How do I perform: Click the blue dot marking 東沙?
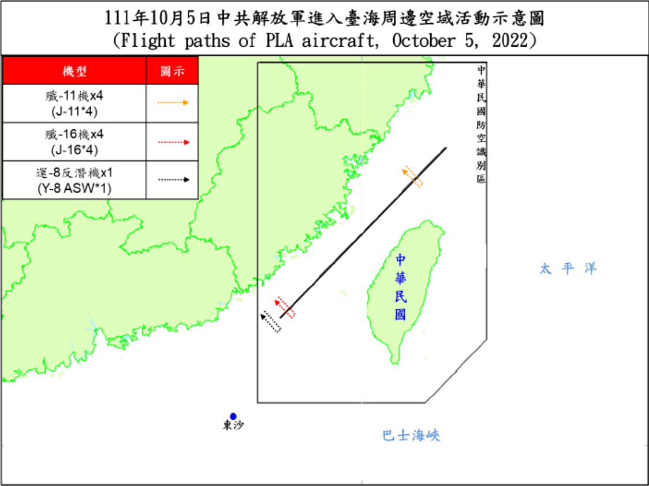233,416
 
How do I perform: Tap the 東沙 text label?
233,426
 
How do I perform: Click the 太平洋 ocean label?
568,268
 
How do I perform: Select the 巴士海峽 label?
411,435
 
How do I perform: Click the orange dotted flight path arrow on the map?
413,176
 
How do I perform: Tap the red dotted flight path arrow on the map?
285,307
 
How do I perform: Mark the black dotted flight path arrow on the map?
271,321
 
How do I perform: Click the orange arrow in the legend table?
173,103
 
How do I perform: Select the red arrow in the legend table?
173,142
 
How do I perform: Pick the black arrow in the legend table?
173,180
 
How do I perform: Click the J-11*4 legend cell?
74,103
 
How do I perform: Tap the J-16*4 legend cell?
74,142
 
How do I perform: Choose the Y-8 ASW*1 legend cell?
74,180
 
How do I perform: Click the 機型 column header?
74,71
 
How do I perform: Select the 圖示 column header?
172,71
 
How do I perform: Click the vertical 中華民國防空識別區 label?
481,124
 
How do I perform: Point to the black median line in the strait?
364,231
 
